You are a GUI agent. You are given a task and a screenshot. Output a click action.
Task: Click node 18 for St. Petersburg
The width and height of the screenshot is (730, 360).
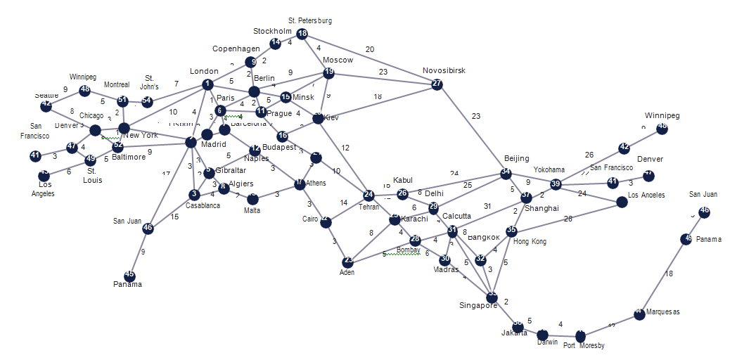tap(302, 34)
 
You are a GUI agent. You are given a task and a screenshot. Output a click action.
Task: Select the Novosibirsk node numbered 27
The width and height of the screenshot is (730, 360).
tap(437, 84)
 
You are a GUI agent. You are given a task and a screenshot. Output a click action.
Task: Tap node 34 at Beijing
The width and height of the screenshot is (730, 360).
tap(506, 173)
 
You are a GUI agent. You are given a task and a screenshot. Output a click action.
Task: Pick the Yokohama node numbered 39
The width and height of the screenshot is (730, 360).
tap(556, 184)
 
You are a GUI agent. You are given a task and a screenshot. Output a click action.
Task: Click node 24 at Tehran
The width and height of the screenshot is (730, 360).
tap(369, 195)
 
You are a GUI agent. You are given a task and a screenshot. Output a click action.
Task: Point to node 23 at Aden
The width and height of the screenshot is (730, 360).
tap(348, 262)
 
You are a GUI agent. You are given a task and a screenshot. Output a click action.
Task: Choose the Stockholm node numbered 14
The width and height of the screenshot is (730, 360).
tap(276, 43)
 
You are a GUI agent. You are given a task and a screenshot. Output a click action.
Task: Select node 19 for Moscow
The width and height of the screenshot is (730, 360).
tap(328, 73)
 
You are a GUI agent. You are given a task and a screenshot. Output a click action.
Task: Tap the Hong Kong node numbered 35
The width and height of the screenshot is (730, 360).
tap(512, 231)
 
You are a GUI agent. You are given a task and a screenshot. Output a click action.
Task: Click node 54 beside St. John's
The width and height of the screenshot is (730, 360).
tap(146, 101)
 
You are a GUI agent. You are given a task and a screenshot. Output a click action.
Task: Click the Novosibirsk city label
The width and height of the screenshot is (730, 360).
tap(444, 71)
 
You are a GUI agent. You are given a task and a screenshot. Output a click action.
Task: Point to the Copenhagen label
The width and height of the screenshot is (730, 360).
tap(236, 49)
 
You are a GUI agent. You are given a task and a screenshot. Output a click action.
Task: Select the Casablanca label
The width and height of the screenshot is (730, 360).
tap(203, 206)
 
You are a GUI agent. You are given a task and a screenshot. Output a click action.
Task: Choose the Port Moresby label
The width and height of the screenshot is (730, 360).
tap(584, 346)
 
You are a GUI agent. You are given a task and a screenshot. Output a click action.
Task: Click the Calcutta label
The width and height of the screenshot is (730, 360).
tap(457, 216)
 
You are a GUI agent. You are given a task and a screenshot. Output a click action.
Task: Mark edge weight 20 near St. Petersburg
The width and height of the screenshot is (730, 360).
tap(370, 49)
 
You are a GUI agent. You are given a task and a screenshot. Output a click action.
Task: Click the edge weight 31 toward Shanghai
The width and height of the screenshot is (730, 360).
tap(487, 206)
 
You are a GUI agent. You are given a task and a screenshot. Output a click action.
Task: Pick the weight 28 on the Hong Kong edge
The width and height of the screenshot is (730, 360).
tap(568, 219)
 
